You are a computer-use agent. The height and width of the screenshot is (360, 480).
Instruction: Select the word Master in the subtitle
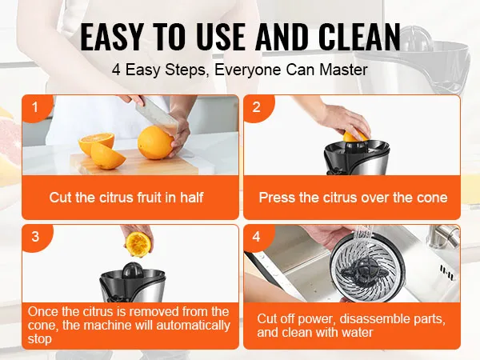click(x=346, y=70)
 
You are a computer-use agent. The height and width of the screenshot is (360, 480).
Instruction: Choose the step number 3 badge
click(x=34, y=237)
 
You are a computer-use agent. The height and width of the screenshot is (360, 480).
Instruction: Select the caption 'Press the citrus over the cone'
click(x=353, y=197)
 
